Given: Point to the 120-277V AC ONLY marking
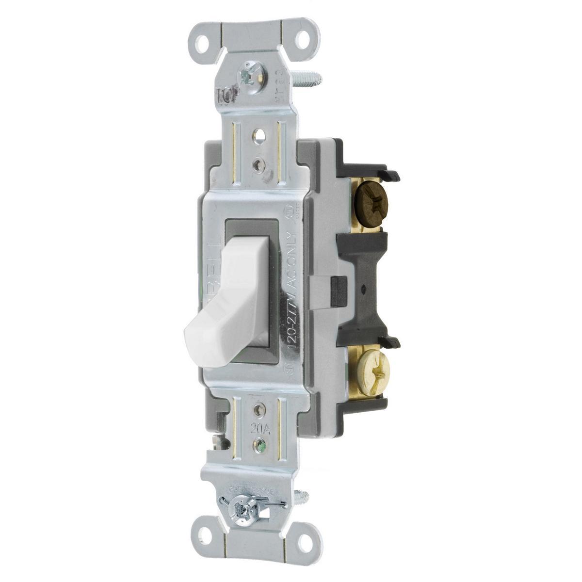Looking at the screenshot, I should (288, 286).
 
